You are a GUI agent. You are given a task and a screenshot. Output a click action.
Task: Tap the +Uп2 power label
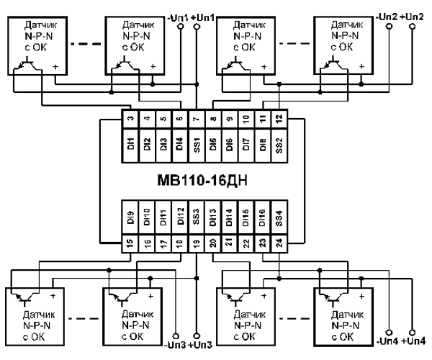pyautogui.click(x=416, y=16)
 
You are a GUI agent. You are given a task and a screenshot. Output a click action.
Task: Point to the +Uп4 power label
pyautogui.click(x=416, y=340)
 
